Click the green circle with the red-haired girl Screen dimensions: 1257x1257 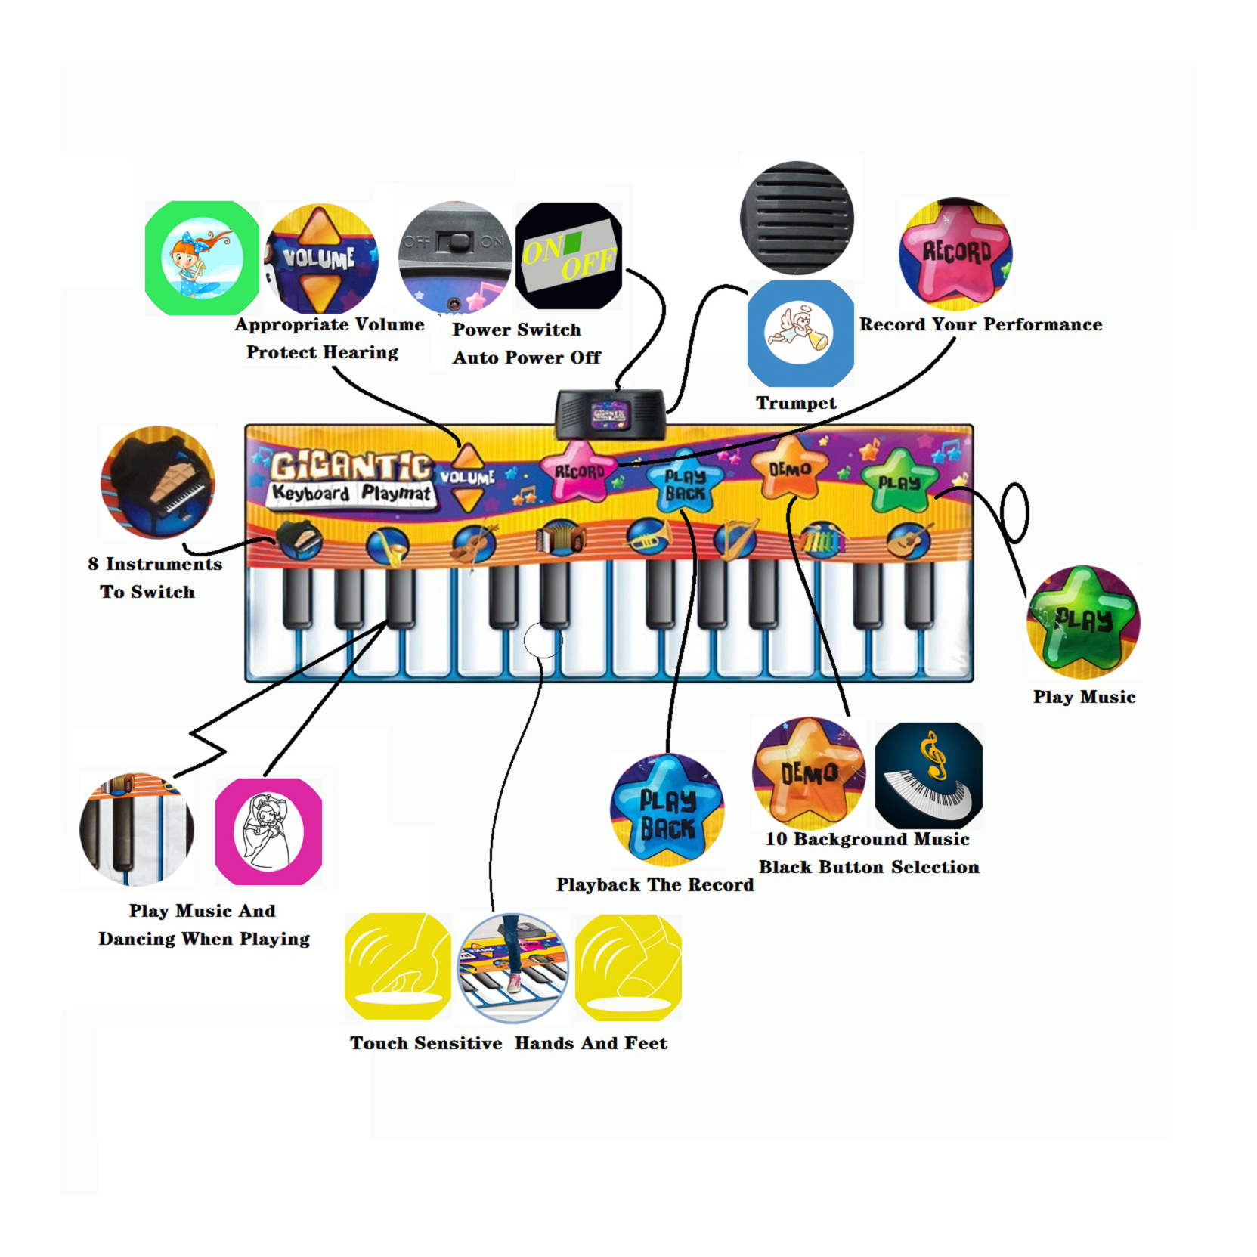pyautogui.click(x=202, y=258)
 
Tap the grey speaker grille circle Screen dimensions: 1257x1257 pyautogui.click(x=797, y=217)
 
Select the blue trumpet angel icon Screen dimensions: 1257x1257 pyautogui.click(x=800, y=333)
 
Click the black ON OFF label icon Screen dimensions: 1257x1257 pyautogui.click(x=568, y=255)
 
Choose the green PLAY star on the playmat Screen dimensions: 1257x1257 pyautogui.click(x=899, y=480)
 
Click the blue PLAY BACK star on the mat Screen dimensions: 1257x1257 pyautogui.click(x=685, y=484)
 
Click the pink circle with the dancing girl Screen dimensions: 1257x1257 pyautogui.click(x=268, y=831)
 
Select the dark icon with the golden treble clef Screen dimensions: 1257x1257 pyautogui.click(x=928, y=775)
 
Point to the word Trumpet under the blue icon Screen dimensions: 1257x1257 pyautogui.click(x=796, y=403)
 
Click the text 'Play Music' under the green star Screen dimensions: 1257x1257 pyautogui.click(x=1084, y=697)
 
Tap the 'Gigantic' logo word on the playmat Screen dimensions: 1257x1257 pyautogui.click(x=351, y=465)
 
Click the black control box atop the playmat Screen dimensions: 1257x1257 pyautogui.click(x=611, y=413)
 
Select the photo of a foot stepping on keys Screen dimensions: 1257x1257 pyautogui.click(x=512, y=967)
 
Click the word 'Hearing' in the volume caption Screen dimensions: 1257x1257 pyautogui.click(x=360, y=352)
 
